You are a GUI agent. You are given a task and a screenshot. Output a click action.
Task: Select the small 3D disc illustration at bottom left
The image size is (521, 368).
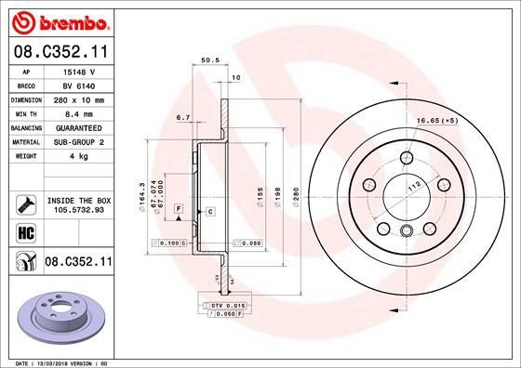pyautogui.click(x=60, y=310)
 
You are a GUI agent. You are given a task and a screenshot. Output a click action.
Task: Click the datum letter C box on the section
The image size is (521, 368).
pyautogui.click(x=210, y=213)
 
